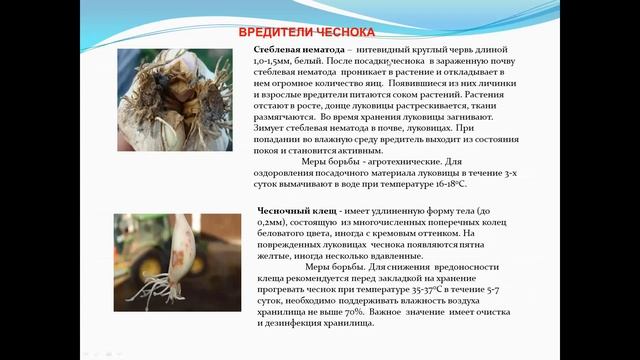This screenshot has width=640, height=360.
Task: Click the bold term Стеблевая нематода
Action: [x=292, y=48]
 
